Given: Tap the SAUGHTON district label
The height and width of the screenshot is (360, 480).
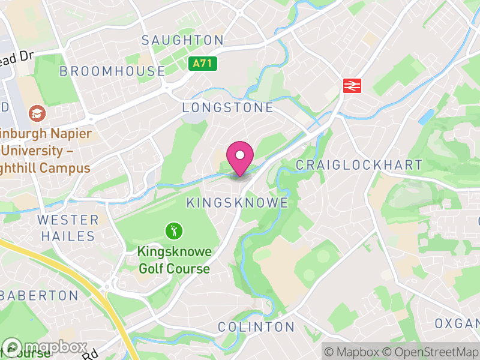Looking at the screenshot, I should coord(182,40).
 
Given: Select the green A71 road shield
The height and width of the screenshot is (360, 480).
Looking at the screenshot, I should coord(202,63).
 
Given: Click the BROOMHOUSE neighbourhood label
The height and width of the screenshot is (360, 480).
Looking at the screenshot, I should coord(112,71).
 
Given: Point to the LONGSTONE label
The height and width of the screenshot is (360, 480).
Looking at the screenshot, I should coord(227,107).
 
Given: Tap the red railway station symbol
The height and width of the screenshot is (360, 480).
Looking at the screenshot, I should coord(352,85).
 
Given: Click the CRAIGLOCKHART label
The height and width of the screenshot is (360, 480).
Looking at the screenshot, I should coord(359,165).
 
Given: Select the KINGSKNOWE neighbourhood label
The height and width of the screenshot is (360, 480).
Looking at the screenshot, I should coord(237,203).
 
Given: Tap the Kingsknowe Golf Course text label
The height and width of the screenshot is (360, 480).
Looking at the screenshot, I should coord(174,260).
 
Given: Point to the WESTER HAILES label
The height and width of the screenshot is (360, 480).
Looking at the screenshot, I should coord(68,227).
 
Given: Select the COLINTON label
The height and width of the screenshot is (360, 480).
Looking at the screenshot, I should coord(256,327).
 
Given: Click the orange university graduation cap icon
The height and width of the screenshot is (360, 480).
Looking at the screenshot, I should coord(37,113).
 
